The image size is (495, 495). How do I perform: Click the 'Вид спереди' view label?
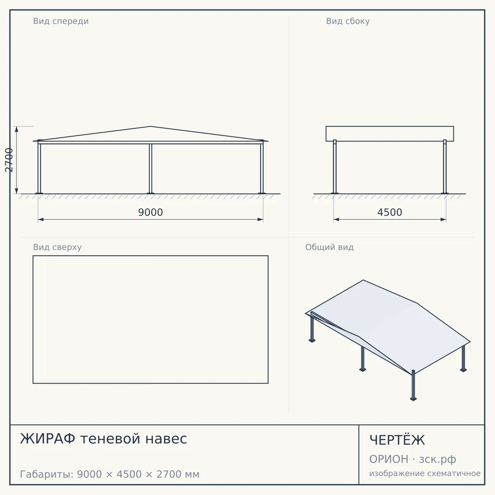[x=61, y=21]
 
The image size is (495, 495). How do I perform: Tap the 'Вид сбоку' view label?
[x=348, y=21]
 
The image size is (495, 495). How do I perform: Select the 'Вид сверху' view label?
[x=57, y=247]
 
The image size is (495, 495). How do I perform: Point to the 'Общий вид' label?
[x=329, y=247]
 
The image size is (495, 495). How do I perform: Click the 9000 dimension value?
[x=151, y=212]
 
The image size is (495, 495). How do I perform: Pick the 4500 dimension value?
[x=390, y=212]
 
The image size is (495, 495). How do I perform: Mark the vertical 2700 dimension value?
[x=9, y=160]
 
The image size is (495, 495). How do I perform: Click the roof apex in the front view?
[x=151, y=126]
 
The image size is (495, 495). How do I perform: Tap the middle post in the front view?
[x=151, y=169]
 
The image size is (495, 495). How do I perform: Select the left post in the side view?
[x=335, y=167]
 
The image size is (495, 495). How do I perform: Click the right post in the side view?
[x=445, y=167]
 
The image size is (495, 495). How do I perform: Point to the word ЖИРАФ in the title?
[x=47, y=438]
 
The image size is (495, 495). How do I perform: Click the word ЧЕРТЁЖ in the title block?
[x=397, y=440]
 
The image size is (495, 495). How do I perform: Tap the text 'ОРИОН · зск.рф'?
[x=412, y=459]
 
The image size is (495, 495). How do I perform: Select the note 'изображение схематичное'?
[x=425, y=474]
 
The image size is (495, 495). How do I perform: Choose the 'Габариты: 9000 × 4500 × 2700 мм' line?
[x=110, y=474]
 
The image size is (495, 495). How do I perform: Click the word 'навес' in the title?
[x=166, y=439]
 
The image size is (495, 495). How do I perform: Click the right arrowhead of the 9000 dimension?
[x=260, y=219]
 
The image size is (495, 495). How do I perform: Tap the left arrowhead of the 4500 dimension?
[x=336, y=219]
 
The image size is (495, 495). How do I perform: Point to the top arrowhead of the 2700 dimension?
[x=16, y=129]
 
